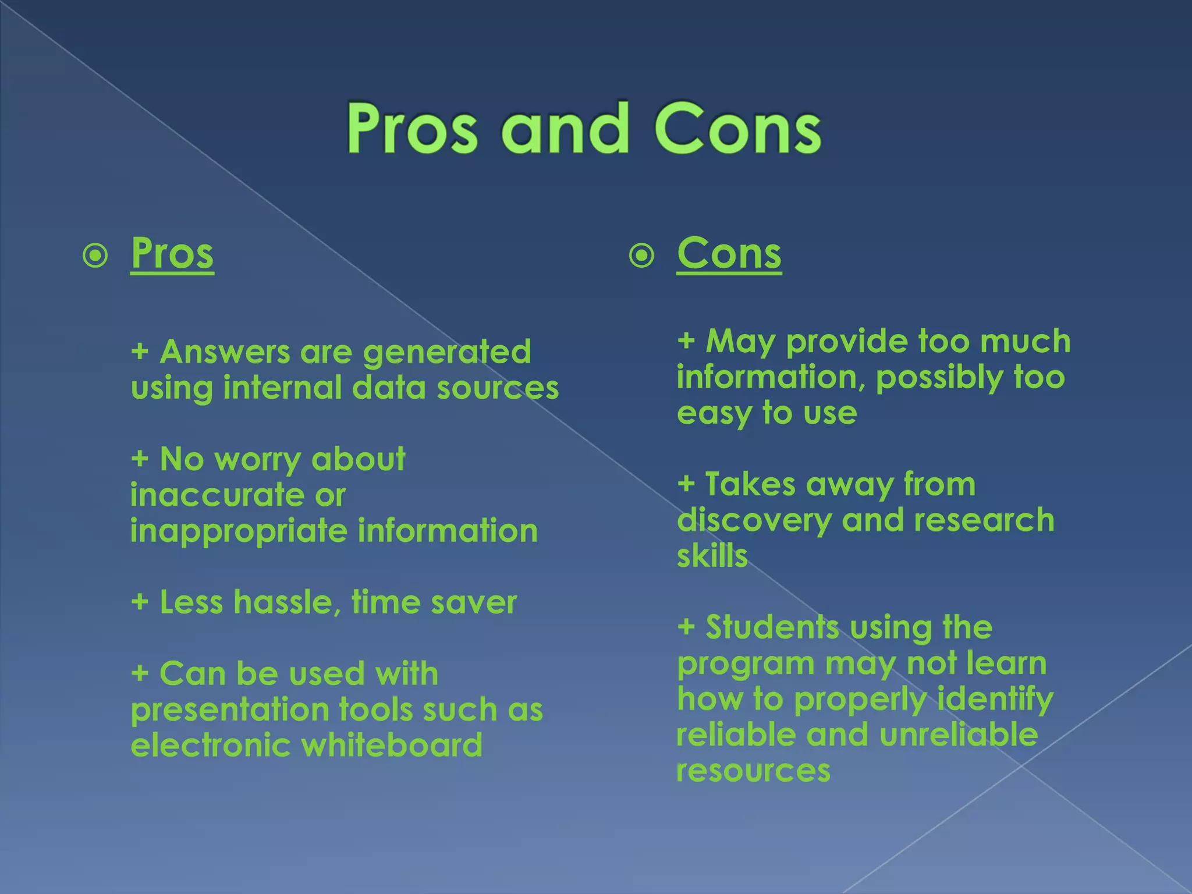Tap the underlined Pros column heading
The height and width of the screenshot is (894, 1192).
(x=172, y=254)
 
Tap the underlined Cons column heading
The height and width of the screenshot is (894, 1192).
(x=729, y=254)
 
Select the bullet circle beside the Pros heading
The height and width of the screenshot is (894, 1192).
(x=95, y=256)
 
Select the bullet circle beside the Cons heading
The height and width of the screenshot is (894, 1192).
(x=641, y=256)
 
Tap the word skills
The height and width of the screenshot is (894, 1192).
(x=712, y=556)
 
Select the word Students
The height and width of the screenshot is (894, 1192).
(x=772, y=627)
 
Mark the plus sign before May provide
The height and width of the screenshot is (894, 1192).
(x=686, y=340)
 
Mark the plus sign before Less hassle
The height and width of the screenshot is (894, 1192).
(x=140, y=602)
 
